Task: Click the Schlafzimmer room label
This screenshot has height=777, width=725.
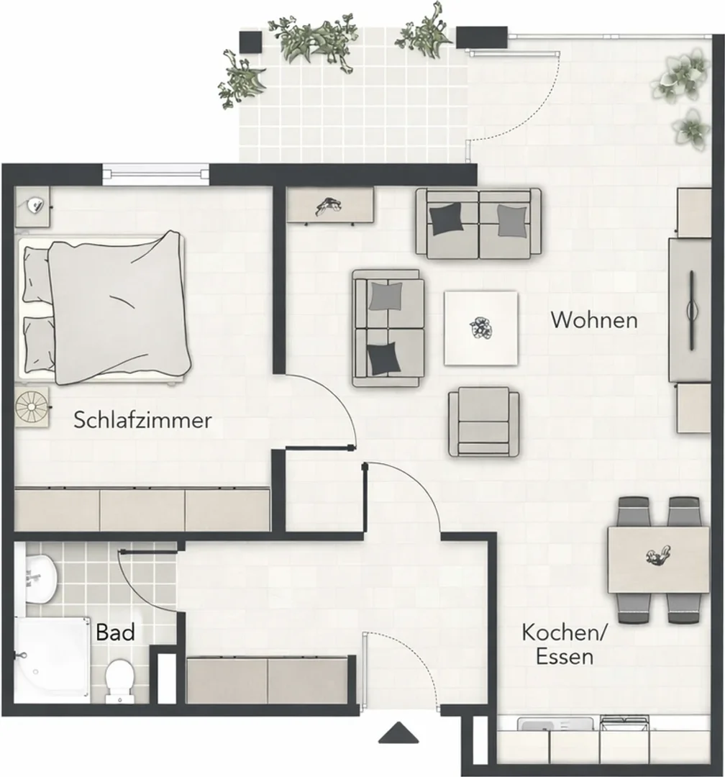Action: (x=142, y=420)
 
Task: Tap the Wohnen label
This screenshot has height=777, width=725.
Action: (x=594, y=320)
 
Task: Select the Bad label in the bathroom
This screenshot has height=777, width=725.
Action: (x=116, y=633)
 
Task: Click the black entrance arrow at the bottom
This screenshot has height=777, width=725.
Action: (x=399, y=733)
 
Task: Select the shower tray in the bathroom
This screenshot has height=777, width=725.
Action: (x=53, y=660)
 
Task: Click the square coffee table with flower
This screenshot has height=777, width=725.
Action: (x=480, y=328)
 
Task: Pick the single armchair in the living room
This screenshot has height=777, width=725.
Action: (x=483, y=422)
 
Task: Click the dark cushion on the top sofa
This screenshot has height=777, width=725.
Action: (x=448, y=219)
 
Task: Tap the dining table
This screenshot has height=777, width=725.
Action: (x=659, y=560)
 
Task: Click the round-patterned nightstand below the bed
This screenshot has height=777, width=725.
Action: (x=32, y=406)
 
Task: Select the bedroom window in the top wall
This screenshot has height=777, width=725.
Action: (x=156, y=173)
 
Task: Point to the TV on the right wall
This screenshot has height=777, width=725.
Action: (x=691, y=309)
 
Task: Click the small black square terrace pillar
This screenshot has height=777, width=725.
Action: (x=250, y=42)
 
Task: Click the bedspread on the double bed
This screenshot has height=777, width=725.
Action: (x=119, y=308)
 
